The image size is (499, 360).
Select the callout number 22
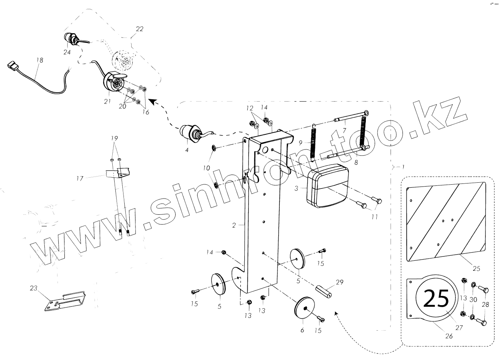(x=139, y=29)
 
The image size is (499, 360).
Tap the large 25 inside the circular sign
(x=437, y=299)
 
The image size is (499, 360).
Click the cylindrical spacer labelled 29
(x=325, y=290)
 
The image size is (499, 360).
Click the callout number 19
(x=114, y=138)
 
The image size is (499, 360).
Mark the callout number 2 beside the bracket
(x=234, y=226)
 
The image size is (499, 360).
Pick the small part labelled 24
(x=71, y=39)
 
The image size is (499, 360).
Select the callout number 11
(x=374, y=217)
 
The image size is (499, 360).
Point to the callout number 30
(x=474, y=299)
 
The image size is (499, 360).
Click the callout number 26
(x=448, y=336)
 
